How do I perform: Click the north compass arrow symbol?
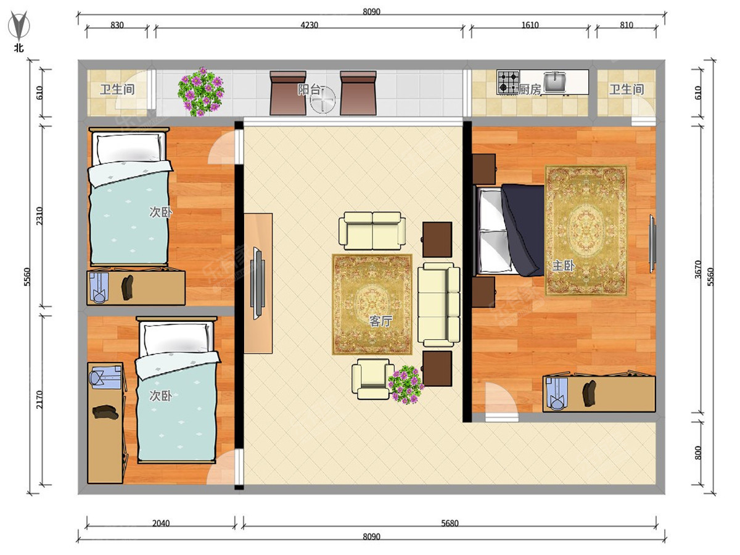[x=19, y=25]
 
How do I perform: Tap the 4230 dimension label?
[x=309, y=25]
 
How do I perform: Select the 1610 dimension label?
[x=530, y=25]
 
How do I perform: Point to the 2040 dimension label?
[x=161, y=524]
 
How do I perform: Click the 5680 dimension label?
[x=450, y=524]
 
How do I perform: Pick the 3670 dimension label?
[x=697, y=269]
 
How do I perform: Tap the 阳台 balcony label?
[x=308, y=90]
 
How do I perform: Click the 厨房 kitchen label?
[x=529, y=90]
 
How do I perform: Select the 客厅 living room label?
[x=380, y=321]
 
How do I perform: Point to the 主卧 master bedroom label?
[x=563, y=266]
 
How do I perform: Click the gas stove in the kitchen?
[x=508, y=82]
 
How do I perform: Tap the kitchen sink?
[x=554, y=81]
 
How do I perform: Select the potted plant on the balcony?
[x=201, y=92]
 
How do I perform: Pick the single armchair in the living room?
[x=372, y=379]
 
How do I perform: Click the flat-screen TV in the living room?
[x=258, y=284]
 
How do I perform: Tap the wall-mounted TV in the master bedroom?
[x=653, y=244]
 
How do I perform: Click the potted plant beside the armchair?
[x=406, y=385]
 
